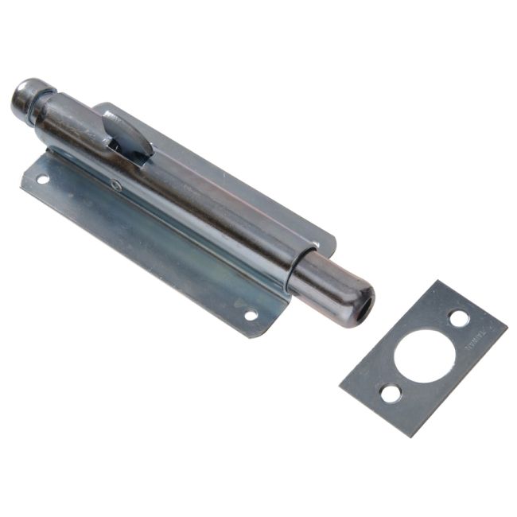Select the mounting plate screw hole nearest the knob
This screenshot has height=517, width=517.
(42, 180)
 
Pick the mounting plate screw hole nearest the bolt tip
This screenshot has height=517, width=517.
(251, 315)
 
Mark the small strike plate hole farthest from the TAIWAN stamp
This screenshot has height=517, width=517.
(390, 393)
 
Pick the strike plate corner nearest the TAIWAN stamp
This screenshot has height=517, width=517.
(504, 325)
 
